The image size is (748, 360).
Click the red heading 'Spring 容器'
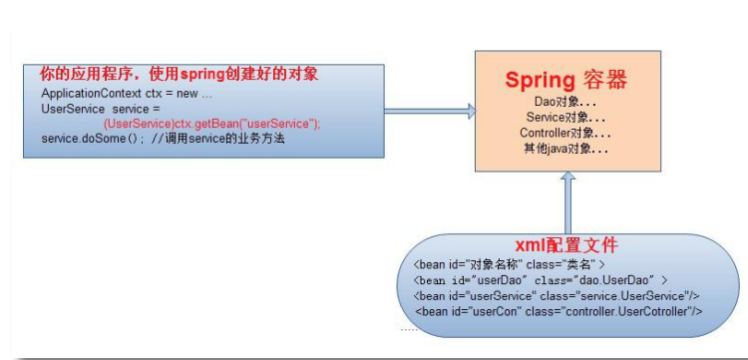(565, 80)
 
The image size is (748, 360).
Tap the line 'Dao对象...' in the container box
(565, 102)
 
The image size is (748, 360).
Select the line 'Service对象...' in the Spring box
(565, 117)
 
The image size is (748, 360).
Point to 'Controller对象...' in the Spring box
(565, 132)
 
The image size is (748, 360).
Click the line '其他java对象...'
(565, 148)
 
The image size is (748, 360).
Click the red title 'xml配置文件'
(565, 244)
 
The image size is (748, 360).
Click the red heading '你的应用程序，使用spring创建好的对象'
(179, 75)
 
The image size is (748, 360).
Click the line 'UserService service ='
(101, 108)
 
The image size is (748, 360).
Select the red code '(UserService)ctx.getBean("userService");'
(211, 123)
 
